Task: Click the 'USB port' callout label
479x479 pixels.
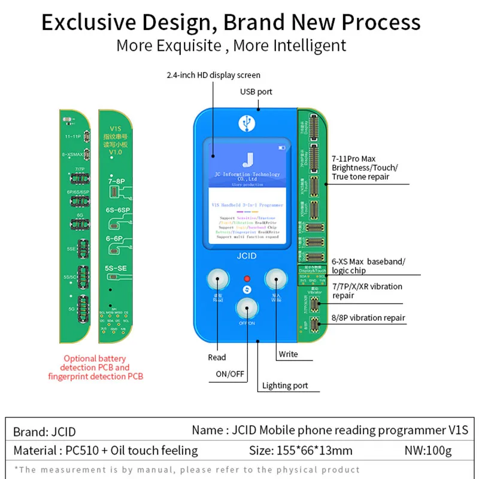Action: click(256, 92)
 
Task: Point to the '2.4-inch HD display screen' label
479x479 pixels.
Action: click(214, 75)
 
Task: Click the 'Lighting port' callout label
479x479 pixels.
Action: click(285, 386)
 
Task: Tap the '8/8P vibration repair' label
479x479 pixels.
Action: click(368, 318)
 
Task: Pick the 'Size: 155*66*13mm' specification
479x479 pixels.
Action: click(301, 450)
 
